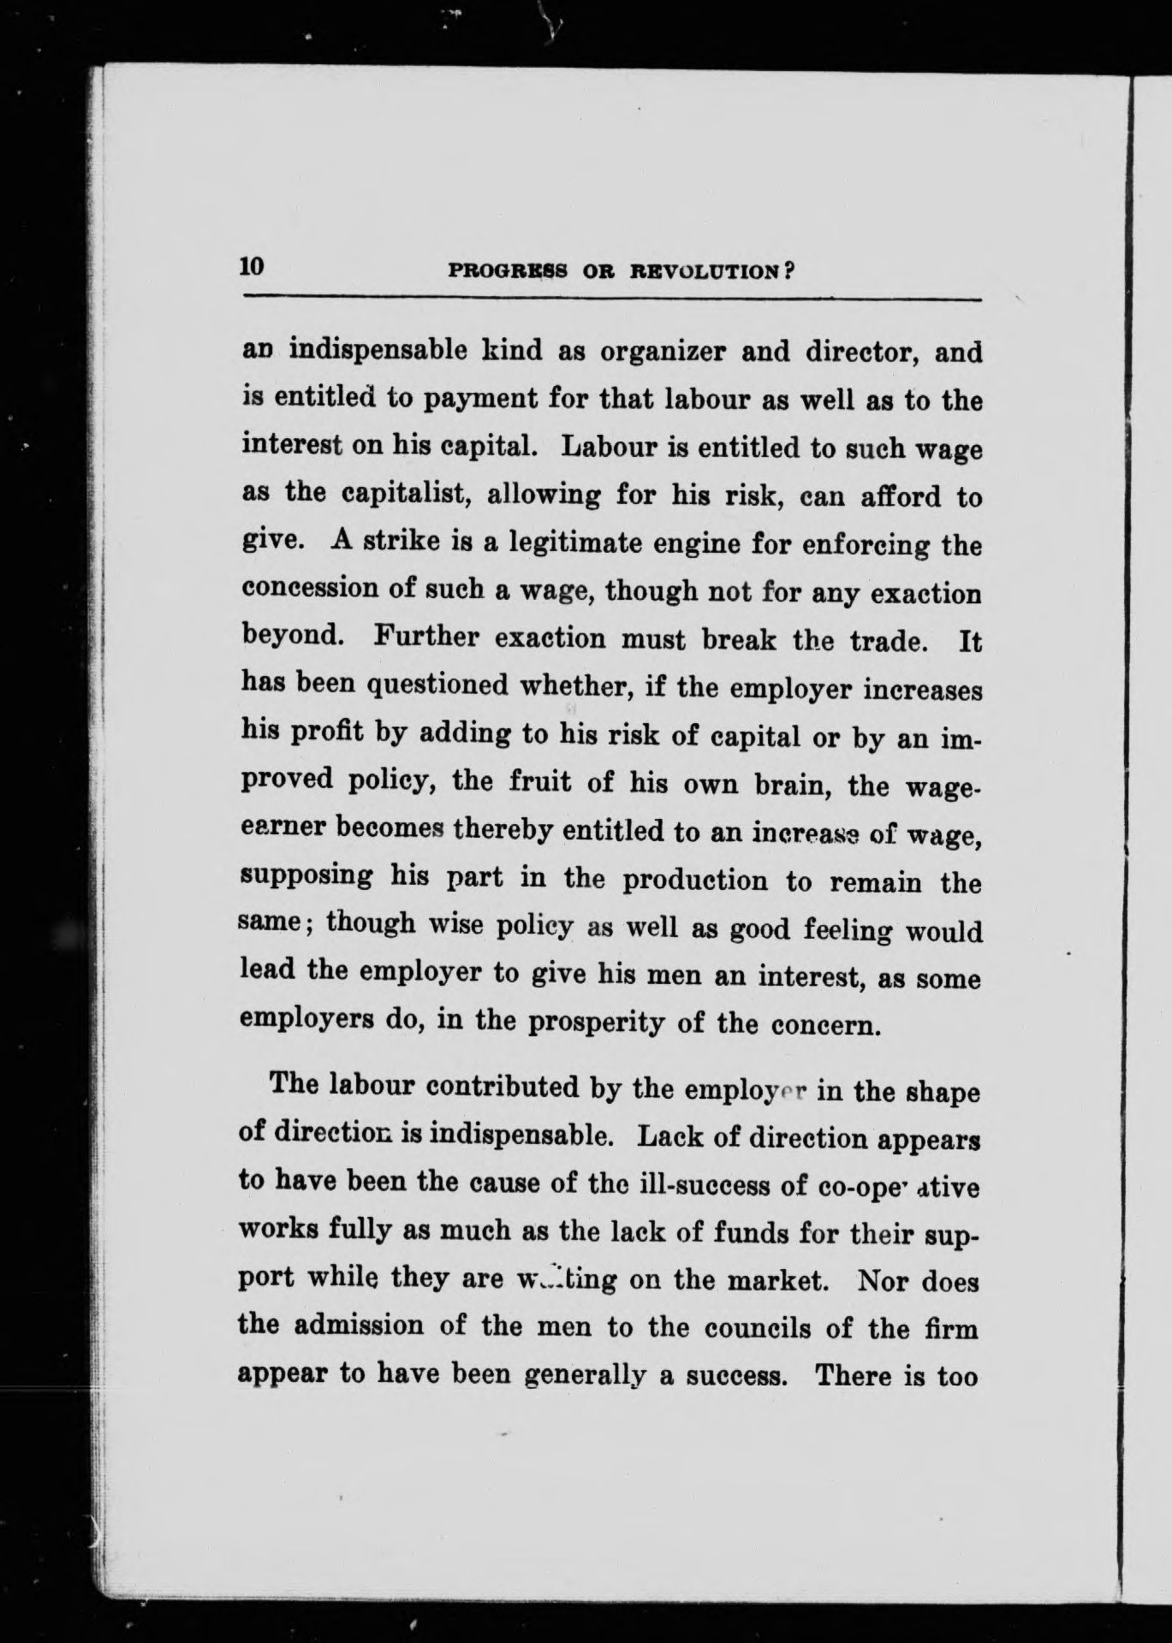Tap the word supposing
(x=308, y=878)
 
